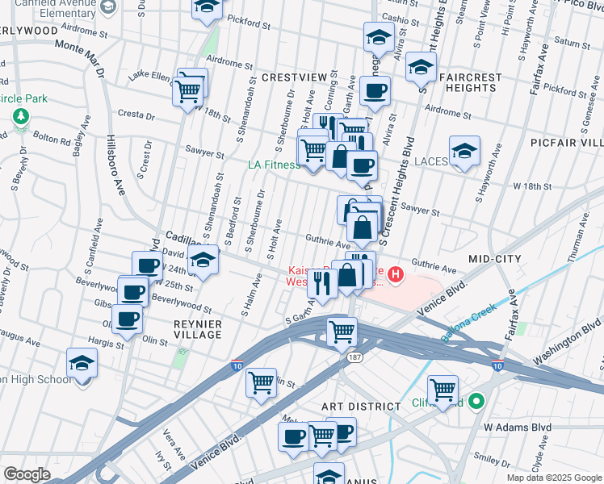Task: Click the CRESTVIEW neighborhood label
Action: click(x=293, y=77)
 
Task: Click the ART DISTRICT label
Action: click(x=361, y=407)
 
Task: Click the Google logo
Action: click(x=27, y=474)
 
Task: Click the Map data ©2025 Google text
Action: click(x=554, y=478)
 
